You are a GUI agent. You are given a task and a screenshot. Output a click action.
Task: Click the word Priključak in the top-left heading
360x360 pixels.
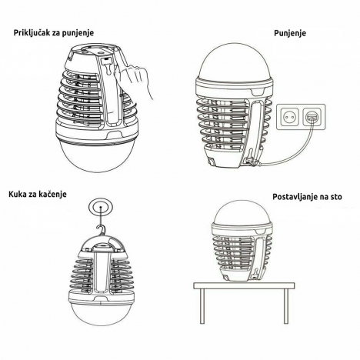pos(32,33)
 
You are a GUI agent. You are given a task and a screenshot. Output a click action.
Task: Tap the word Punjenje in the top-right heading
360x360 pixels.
pos(290,33)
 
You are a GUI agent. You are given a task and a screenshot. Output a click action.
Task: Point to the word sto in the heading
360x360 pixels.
pos(336,197)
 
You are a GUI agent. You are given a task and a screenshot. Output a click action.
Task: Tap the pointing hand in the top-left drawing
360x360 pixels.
pos(132,78)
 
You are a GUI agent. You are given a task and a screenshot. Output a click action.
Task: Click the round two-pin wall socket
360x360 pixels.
pos(290,116)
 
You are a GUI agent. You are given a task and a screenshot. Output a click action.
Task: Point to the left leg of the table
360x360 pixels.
pos(202,306)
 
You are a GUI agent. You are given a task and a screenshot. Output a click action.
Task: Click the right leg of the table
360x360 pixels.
pos(286,306)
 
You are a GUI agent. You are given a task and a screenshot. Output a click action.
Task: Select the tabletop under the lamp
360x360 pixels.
pos(244,285)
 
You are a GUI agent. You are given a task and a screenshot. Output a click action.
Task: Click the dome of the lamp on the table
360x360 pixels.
pos(242,212)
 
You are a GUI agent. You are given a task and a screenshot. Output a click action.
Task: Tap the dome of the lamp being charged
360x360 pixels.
pos(236,60)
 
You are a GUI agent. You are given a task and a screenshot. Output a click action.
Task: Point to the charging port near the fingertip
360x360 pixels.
pos(105,61)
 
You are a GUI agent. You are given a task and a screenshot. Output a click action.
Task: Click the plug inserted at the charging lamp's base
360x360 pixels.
pos(251,162)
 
